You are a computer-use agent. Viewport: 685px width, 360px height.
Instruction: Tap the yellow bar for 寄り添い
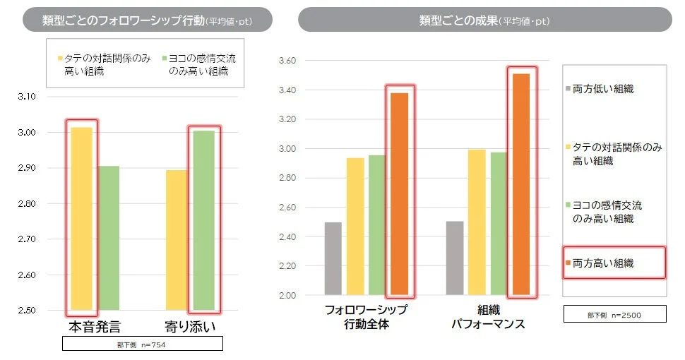177,240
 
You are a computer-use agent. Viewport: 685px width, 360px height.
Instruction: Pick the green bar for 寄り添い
203,220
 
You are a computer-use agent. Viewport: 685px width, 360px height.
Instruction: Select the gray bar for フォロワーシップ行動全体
333,258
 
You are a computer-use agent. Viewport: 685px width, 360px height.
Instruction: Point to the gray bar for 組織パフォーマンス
455,258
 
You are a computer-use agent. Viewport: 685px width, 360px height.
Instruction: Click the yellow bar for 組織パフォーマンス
477,222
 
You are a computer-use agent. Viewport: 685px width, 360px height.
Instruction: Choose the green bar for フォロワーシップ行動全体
377,224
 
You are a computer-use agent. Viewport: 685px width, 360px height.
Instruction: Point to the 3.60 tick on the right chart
289,61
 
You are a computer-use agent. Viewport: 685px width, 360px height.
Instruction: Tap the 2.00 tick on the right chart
289,295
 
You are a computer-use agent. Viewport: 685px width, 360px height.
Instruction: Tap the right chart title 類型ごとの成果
484,20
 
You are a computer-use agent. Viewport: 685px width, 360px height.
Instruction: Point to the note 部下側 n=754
143,344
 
